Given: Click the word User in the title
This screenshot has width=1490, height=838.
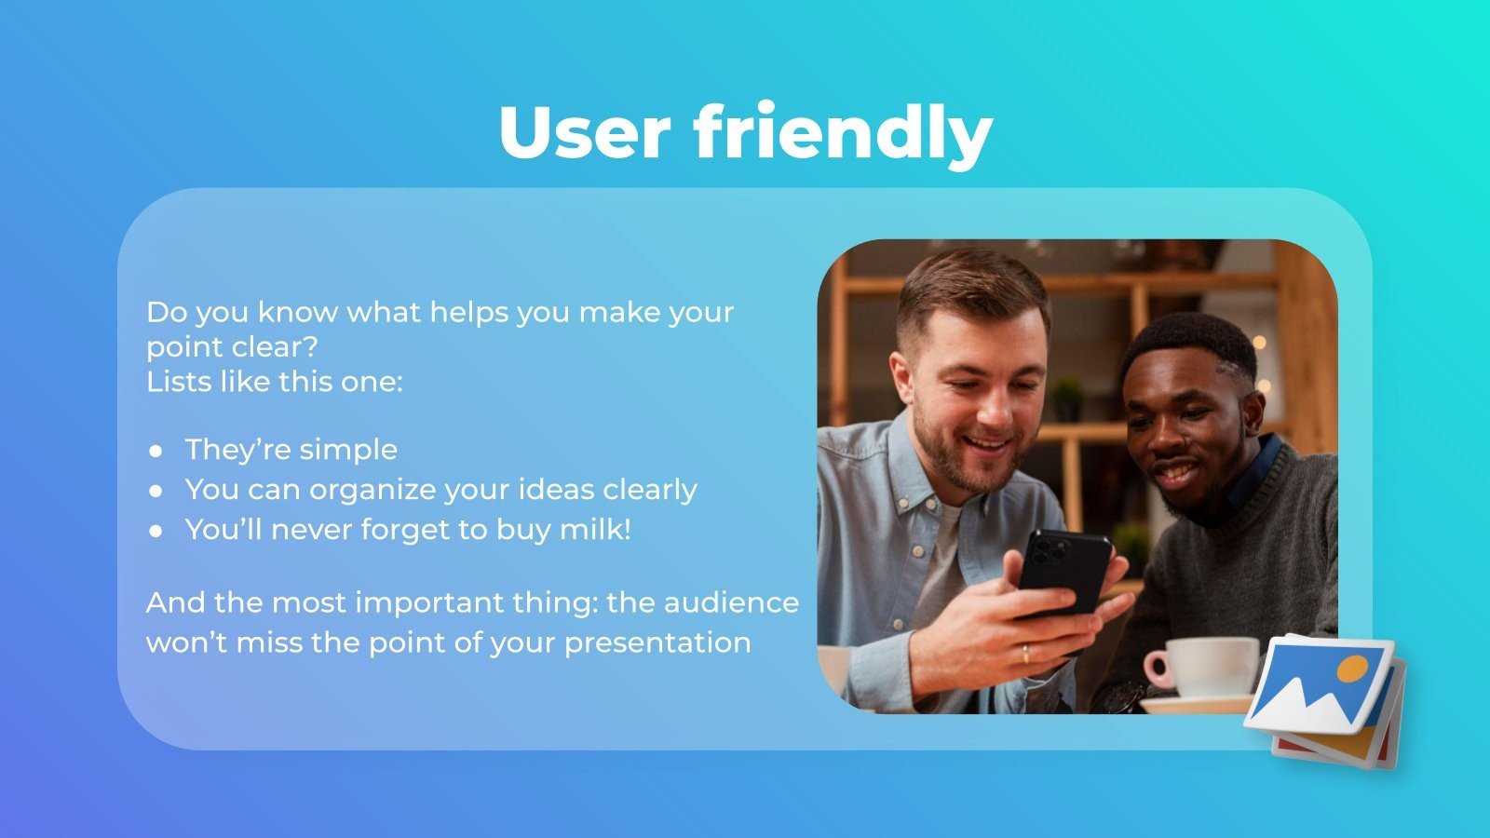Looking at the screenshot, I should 584,132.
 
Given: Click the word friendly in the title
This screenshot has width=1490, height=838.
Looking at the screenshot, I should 843,132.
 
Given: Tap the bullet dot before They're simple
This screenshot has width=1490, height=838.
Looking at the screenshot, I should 156,451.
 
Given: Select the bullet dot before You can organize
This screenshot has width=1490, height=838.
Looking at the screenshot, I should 156,491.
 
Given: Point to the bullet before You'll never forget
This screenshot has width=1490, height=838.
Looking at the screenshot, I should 156,531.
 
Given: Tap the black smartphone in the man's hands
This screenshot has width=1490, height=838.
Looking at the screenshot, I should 1063,570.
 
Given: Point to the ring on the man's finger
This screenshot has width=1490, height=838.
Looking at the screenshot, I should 1025,653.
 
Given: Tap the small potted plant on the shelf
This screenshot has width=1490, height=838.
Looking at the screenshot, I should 1067,399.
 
